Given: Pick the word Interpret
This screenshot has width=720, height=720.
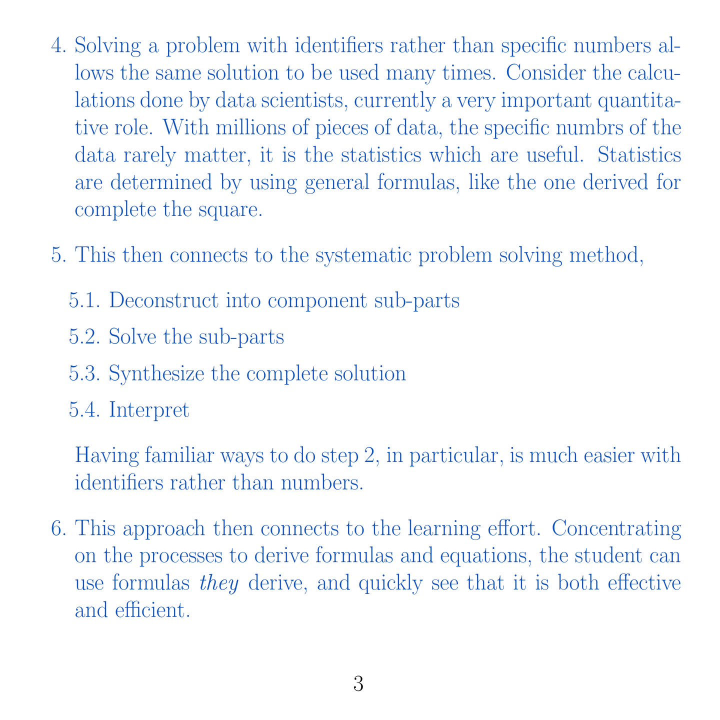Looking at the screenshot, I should [x=149, y=410].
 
